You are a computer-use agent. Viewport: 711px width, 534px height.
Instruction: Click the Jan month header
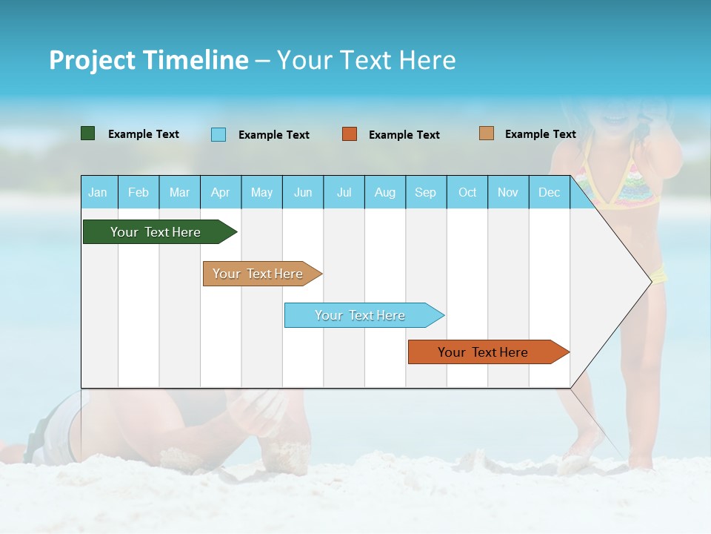(x=98, y=192)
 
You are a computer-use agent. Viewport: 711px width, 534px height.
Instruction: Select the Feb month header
(x=138, y=192)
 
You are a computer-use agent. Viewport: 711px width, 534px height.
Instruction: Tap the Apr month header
(x=220, y=192)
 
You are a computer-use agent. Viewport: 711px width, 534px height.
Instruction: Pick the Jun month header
(x=303, y=192)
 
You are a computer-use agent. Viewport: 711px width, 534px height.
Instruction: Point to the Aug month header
(x=384, y=192)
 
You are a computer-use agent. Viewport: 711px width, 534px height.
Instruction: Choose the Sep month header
(x=425, y=192)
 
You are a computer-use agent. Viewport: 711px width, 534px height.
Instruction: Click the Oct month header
(x=467, y=192)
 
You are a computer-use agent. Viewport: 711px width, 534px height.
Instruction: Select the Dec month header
(x=549, y=192)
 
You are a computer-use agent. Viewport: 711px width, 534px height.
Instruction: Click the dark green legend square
(x=87, y=133)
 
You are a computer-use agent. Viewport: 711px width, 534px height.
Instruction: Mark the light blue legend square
(x=218, y=134)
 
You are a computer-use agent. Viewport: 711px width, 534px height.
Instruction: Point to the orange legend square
(x=350, y=134)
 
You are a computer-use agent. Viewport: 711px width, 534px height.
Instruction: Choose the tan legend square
(x=486, y=133)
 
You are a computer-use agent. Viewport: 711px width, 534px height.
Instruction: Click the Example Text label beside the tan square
(x=540, y=134)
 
